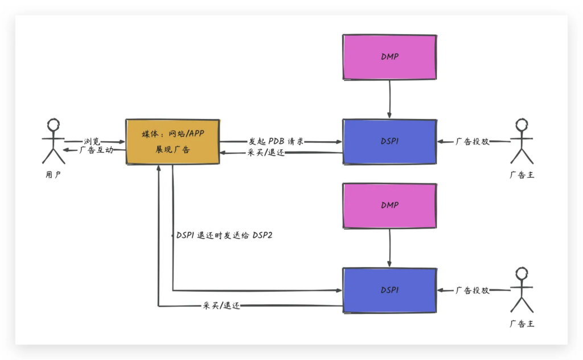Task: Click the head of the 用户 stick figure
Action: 54,125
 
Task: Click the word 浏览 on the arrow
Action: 92,141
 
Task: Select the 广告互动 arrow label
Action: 97,150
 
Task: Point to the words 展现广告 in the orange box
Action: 173,150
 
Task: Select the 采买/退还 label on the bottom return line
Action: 221,306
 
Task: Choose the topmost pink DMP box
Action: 389,56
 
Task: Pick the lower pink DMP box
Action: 389,205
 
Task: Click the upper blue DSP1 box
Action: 389,141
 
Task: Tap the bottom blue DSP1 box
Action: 389,290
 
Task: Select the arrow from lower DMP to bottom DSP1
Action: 389,247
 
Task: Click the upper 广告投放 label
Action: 472,141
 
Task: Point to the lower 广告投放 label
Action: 472,290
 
